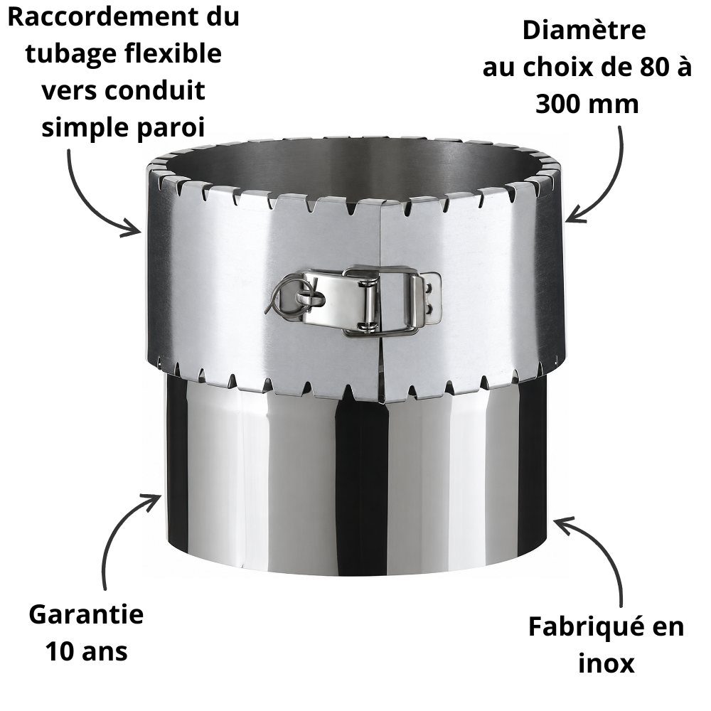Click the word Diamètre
(x=584, y=31)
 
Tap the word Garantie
(x=86, y=615)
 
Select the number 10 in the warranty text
(x=60, y=652)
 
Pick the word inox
(x=606, y=664)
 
